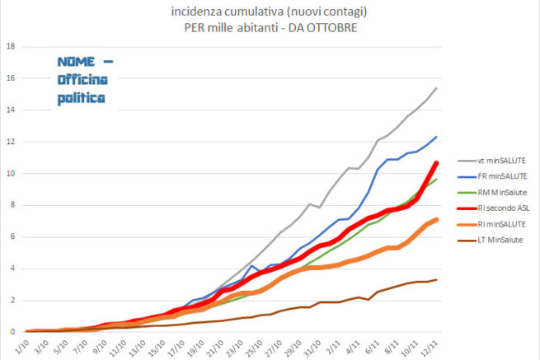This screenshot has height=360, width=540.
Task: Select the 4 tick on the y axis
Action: [x=11, y=269]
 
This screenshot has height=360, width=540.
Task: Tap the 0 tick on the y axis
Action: [x=11, y=332]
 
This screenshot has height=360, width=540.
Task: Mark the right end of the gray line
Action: [x=436, y=88]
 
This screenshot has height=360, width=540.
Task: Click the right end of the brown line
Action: [x=436, y=280]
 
